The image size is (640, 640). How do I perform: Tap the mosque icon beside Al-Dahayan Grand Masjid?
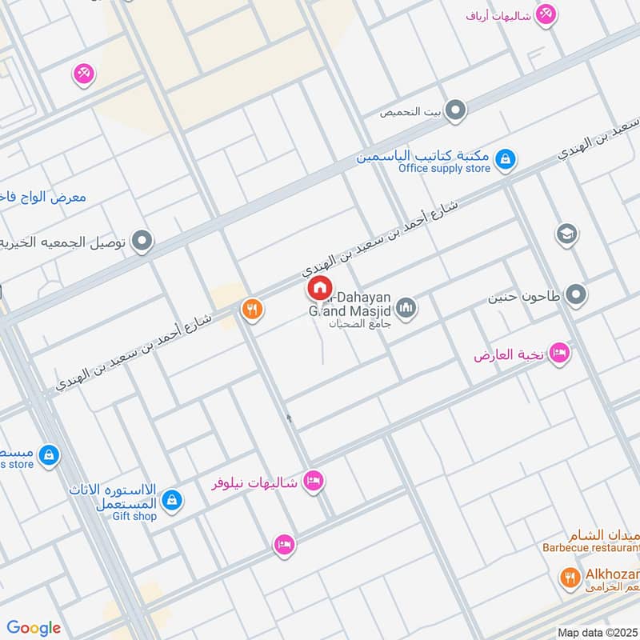tap(406, 308)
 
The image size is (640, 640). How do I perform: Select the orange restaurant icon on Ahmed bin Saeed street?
tap(252, 310)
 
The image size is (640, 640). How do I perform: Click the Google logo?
tap(34, 628)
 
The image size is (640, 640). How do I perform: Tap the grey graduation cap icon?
tap(566, 234)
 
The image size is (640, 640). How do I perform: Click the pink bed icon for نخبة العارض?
tap(558, 353)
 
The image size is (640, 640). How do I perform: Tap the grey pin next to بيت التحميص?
tap(455, 110)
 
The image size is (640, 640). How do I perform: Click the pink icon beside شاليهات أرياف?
tap(546, 14)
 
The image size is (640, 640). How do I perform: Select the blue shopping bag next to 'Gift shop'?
tap(171, 502)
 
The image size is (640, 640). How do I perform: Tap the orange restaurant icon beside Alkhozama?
tap(570, 577)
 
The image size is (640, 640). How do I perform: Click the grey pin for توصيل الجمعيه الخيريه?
tap(142, 240)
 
